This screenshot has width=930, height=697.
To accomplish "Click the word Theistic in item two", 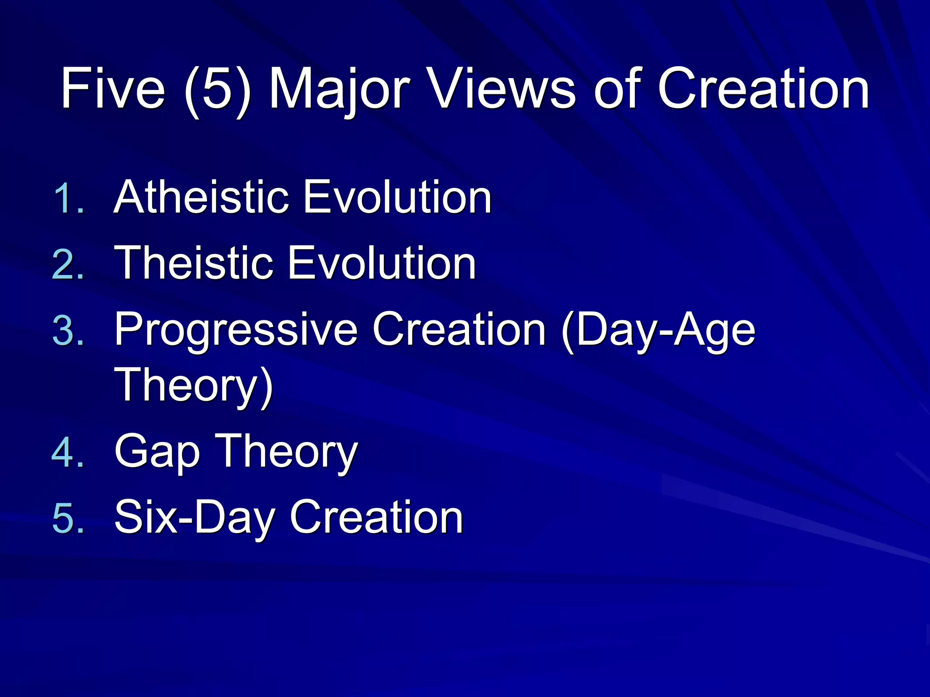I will [x=194, y=263].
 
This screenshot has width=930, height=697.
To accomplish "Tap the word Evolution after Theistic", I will [x=382, y=263].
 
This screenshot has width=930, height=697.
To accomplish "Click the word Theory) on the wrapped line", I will [x=193, y=386].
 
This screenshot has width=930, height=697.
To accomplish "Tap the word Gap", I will [x=157, y=452].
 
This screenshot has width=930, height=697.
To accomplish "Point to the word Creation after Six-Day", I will [x=376, y=517].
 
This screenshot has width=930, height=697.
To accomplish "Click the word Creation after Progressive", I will [x=459, y=330].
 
